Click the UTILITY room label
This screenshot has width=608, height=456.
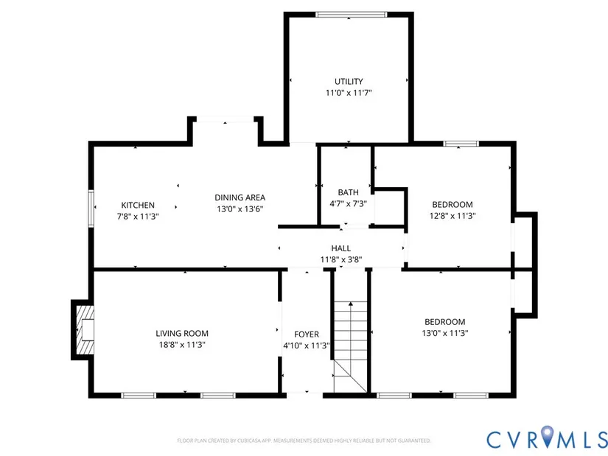tap(349, 81)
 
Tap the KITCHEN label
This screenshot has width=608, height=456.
tap(138, 205)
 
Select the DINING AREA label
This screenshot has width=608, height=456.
tap(240, 197)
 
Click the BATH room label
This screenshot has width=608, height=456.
tap(348, 192)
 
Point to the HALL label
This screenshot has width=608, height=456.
tap(340, 248)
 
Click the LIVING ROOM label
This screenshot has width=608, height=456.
tap(181, 333)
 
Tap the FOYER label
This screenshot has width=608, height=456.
tap(307, 334)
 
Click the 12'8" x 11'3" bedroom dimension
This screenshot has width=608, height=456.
tap(452, 217)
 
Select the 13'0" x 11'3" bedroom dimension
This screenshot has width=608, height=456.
tap(444, 333)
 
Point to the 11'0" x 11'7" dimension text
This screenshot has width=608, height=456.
tap(349, 94)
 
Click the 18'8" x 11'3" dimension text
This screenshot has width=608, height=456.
tap(181, 345)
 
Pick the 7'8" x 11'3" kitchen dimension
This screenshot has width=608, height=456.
tap(139, 217)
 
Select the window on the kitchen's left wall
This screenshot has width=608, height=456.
tap(91, 208)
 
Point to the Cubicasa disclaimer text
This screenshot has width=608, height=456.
tap(304, 441)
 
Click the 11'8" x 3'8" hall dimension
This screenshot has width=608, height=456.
tap(340, 260)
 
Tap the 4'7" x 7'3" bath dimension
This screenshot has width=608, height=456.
tap(348, 204)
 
